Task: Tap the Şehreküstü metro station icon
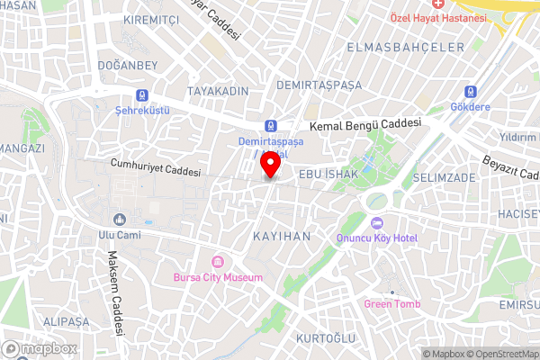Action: pyautogui.click(x=141, y=94)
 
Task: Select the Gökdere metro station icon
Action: pyautogui.click(x=469, y=92)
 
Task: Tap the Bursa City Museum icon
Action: pyautogui.click(x=216, y=262)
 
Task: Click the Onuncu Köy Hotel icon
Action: pyautogui.click(x=376, y=223)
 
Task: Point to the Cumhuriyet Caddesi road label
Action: pyautogui.click(x=155, y=168)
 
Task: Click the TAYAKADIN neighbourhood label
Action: pyautogui.click(x=217, y=92)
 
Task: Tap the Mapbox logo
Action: pyautogui.click(x=40, y=348)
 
